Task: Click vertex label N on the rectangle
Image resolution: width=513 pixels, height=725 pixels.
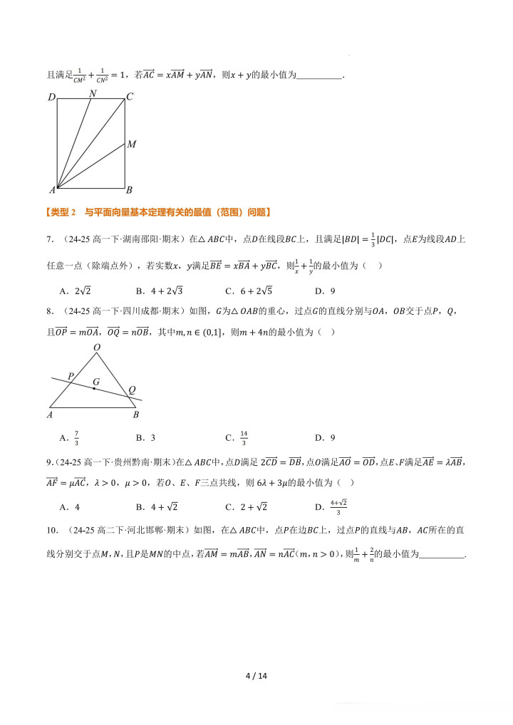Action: pyautogui.click(x=93, y=93)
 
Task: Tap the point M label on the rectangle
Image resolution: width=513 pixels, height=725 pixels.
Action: pyautogui.click(x=132, y=145)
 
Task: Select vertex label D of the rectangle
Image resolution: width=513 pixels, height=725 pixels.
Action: pyautogui.click(x=51, y=97)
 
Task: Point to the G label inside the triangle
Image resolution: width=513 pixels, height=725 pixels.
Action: pyautogui.click(x=95, y=382)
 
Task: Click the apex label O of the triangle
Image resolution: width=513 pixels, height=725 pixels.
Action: pyautogui.click(x=97, y=348)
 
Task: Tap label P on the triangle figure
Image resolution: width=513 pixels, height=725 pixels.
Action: pyautogui.click(x=71, y=375)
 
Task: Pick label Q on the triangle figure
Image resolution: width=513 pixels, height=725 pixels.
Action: pyautogui.click(x=132, y=390)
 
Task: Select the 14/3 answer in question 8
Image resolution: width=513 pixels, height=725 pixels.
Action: pyautogui.click(x=244, y=437)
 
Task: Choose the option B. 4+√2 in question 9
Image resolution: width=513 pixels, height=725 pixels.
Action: pyautogui.click(x=156, y=507)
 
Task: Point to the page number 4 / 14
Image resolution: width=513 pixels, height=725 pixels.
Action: pyautogui.click(x=256, y=676)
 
